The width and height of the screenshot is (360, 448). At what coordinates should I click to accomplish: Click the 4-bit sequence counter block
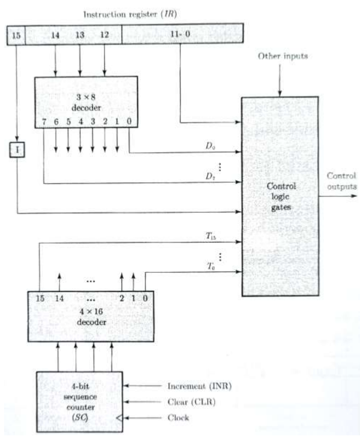tap(79, 401)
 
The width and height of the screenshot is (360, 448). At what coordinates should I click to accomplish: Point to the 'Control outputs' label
tap(341, 181)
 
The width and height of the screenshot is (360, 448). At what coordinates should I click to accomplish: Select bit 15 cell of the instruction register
tap(16, 36)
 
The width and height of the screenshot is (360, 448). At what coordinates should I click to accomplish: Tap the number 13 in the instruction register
tap(80, 36)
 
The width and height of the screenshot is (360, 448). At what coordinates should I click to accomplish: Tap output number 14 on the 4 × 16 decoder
tap(60, 298)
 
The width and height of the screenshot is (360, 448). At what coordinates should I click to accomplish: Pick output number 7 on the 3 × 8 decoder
tap(45, 122)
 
